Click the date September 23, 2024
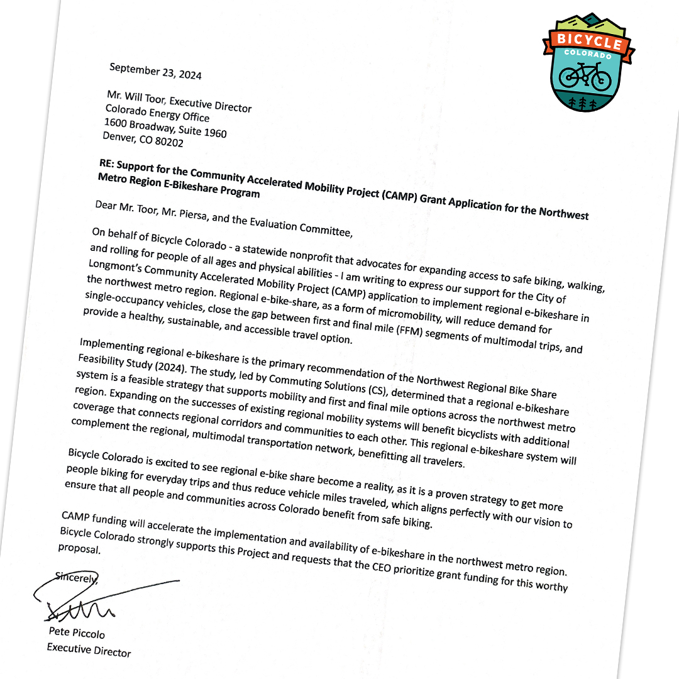[155, 71]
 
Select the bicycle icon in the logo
[585, 75]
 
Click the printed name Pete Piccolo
[77, 631]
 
